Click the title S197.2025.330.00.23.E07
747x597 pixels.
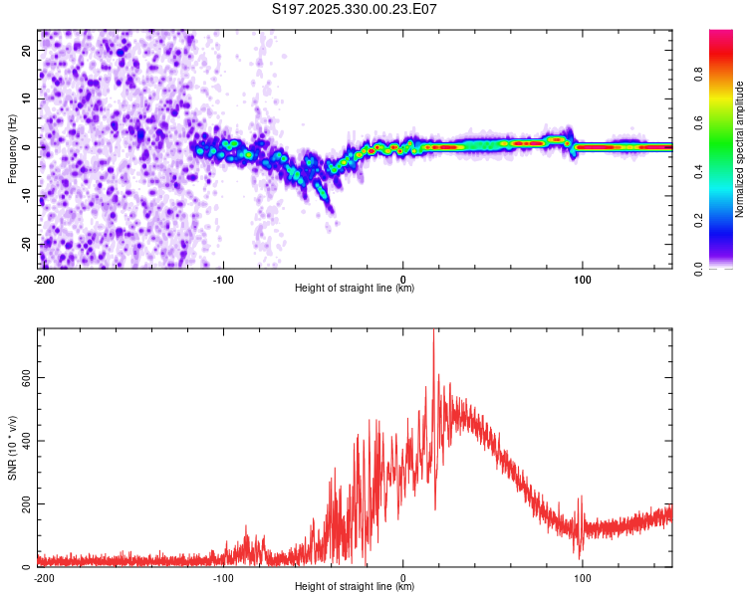click(x=354, y=9)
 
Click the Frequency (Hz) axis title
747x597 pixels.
click(x=12, y=149)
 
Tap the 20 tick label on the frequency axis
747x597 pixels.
click(x=26, y=51)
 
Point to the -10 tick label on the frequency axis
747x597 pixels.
click(x=26, y=196)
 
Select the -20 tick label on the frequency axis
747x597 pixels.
click(x=26, y=245)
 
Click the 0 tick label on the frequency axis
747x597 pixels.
click(x=26, y=147)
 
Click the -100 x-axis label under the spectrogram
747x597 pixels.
click(x=222, y=280)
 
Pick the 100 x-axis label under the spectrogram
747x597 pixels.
click(x=583, y=280)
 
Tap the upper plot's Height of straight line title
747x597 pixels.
click(x=355, y=288)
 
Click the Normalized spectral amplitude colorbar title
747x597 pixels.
click(x=739, y=149)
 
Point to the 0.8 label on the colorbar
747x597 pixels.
click(x=699, y=75)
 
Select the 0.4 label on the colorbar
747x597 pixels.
click(x=699, y=172)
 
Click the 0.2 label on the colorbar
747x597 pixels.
click(x=699, y=221)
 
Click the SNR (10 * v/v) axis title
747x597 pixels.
click(x=12, y=448)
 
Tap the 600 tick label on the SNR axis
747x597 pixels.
click(x=26, y=377)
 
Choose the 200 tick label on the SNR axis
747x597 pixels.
click(x=26, y=504)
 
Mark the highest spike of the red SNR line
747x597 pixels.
click(x=433, y=330)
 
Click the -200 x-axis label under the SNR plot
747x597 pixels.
click(x=44, y=578)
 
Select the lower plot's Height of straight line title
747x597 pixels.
click(x=355, y=586)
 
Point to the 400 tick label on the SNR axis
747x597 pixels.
click(x=26, y=441)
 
